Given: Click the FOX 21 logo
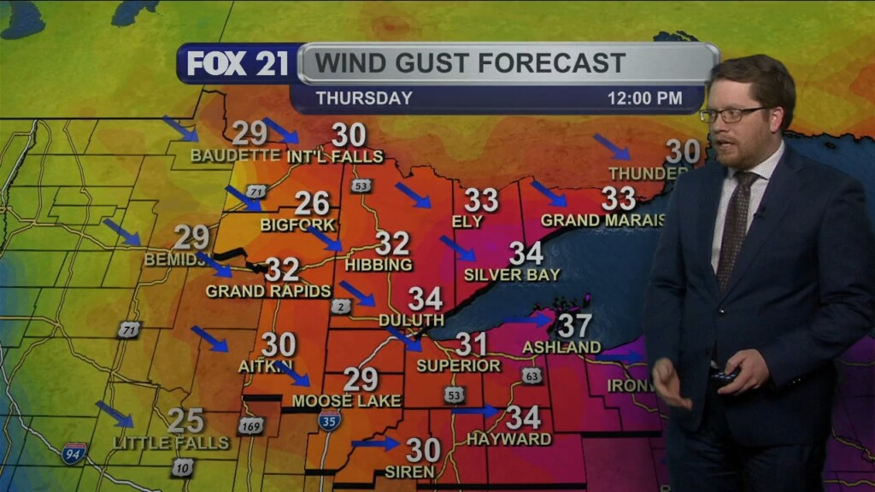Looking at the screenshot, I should click(238, 64).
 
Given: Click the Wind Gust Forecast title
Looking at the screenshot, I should click(470, 62).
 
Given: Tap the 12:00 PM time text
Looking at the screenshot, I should click(644, 98).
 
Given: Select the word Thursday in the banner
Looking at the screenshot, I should click(364, 98).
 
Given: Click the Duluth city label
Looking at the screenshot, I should click(411, 319).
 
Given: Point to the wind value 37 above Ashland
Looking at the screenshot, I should click(575, 325).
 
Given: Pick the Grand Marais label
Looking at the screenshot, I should click(602, 220).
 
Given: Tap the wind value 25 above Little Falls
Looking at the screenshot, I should click(185, 420).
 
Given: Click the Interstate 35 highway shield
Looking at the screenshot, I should click(329, 419).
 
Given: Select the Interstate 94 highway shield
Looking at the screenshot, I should click(74, 453).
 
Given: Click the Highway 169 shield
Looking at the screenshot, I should click(250, 425).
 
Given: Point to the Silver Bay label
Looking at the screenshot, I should click(512, 275).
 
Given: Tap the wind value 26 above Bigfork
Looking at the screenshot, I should click(312, 203).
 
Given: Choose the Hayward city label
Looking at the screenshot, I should click(508, 439).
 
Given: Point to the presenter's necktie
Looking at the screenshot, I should click(734, 226).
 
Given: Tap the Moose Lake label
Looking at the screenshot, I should click(335, 401).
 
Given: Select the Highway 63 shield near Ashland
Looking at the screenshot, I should click(531, 375).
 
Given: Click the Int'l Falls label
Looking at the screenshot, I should click(335, 156).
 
